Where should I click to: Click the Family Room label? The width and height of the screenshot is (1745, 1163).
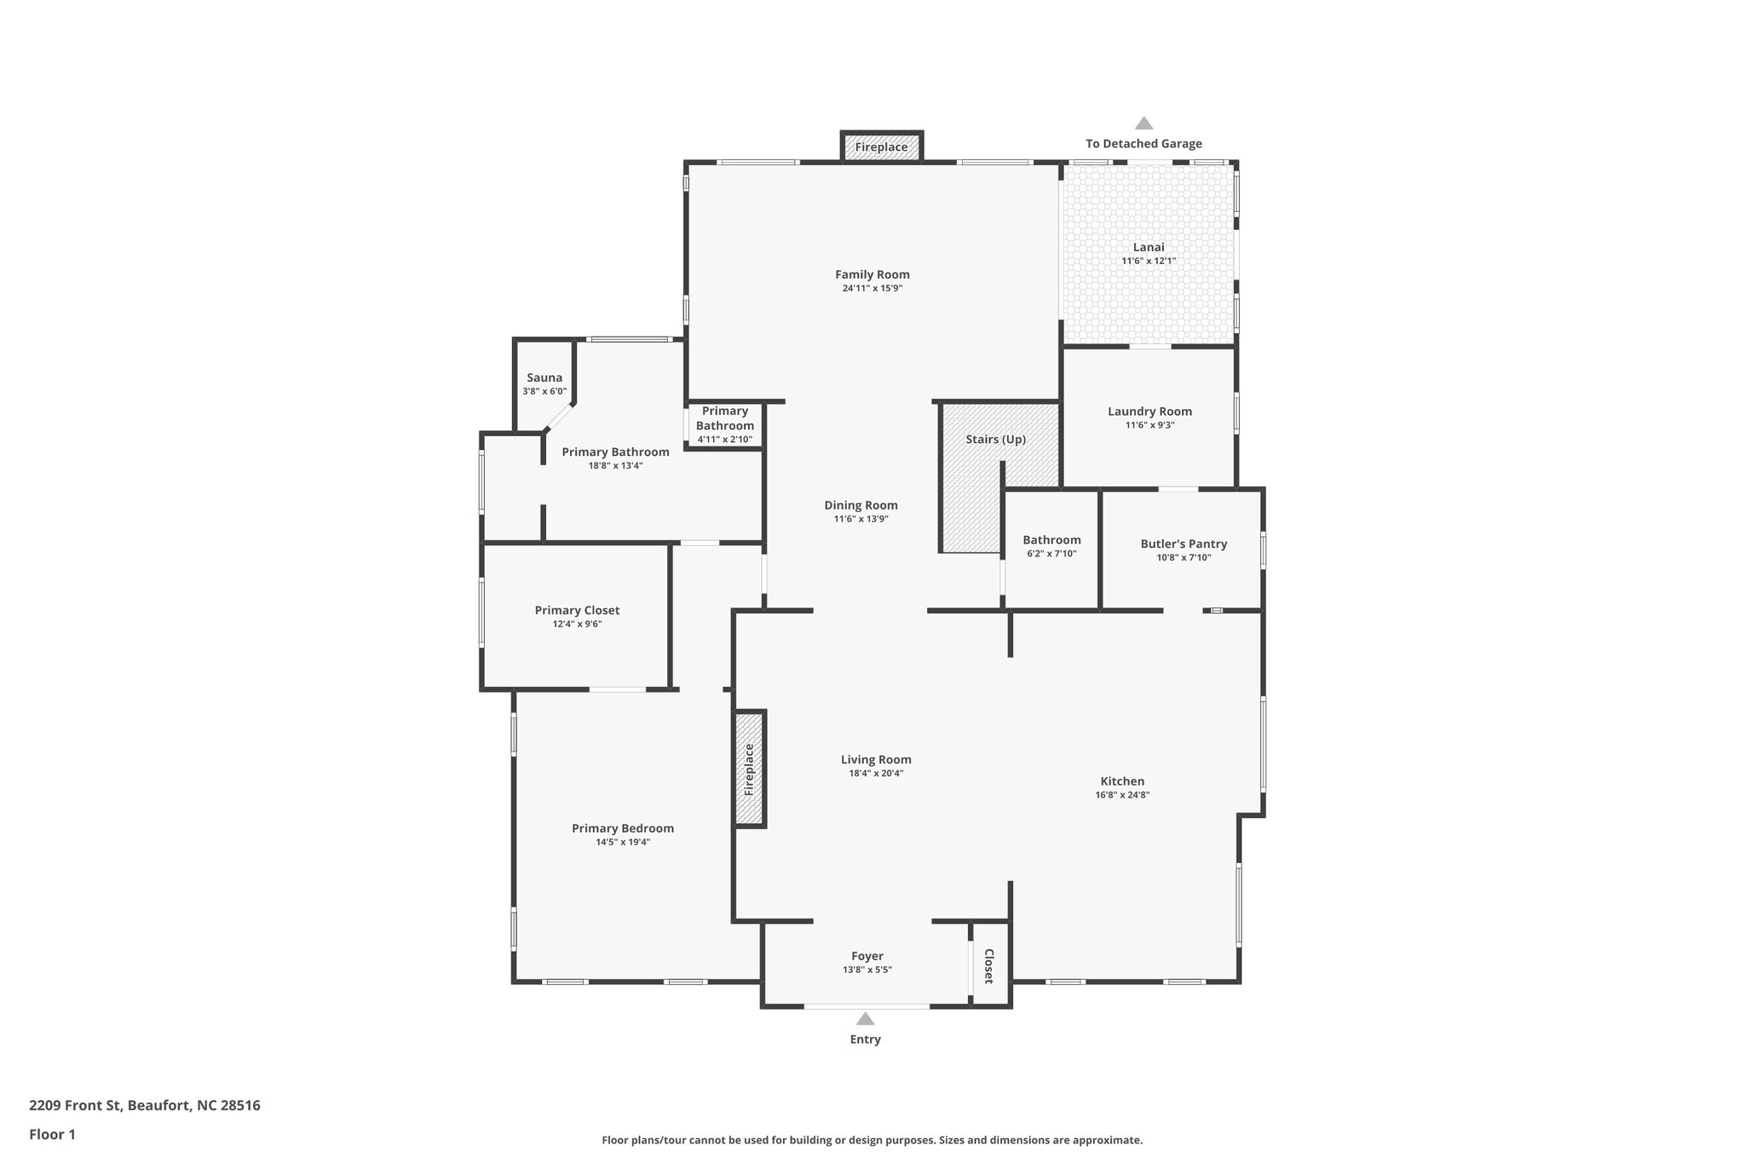tap(872, 274)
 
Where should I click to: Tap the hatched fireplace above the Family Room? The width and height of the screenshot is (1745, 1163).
tap(881, 147)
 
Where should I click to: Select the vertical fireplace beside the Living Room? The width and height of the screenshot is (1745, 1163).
tap(750, 769)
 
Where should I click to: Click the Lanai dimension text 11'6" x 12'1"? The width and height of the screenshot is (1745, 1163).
tap(1148, 262)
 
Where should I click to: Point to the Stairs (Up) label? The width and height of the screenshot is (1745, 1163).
tap(995, 440)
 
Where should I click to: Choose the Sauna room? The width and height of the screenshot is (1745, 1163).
tap(544, 383)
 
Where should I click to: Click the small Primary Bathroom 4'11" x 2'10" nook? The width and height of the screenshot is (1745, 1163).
tap(724, 424)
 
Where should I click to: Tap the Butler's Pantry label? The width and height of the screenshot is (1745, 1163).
tap(1183, 544)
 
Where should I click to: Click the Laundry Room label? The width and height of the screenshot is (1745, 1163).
tap(1149, 412)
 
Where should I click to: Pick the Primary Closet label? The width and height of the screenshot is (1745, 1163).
tap(577, 610)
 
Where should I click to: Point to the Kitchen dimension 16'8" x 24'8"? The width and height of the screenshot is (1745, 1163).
tap(1122, 795)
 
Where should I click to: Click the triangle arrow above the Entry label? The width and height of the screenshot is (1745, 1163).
tap(865, 1019)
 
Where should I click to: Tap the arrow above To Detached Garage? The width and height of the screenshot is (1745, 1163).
tap(1143, 124)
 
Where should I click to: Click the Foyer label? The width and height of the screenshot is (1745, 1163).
tap(867, 956)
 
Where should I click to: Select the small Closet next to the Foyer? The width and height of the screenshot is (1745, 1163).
tap(989, 965)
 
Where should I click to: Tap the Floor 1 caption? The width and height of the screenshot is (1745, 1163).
tap(52, 1134)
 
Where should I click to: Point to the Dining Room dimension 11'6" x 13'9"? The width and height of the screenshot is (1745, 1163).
tap(861, 519)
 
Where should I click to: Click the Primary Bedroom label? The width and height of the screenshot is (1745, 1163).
tap(623, 828)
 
